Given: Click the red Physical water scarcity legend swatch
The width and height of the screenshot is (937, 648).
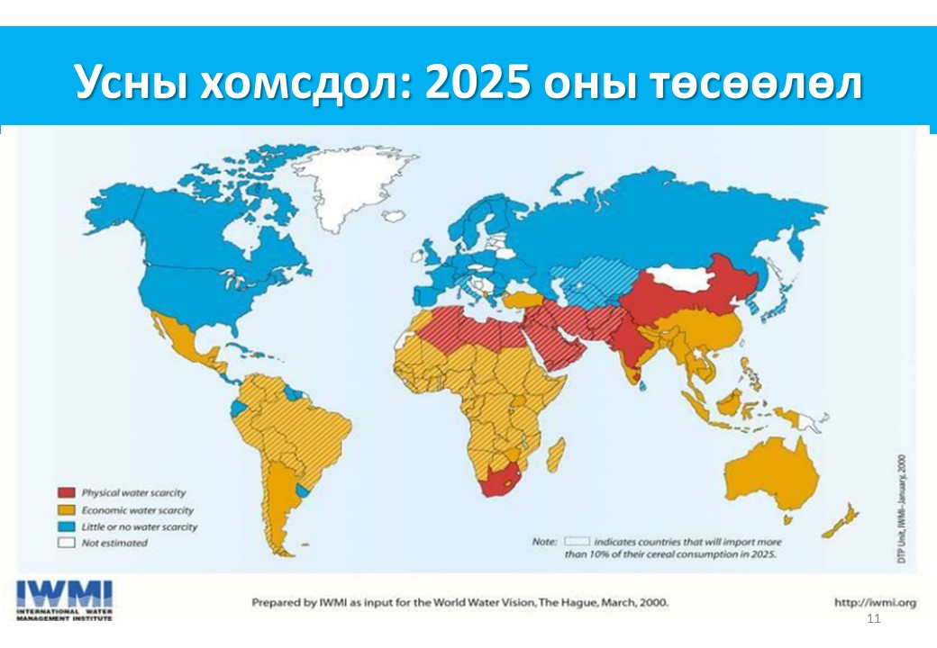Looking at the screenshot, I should click(x=66, y=493).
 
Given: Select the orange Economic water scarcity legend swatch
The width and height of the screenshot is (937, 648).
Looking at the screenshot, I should click(x=66, y=510).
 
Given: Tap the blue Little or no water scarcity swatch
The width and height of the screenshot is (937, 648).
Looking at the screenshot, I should click(x=66, y=526).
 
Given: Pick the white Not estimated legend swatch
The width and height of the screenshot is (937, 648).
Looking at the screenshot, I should click(x=66, y=543).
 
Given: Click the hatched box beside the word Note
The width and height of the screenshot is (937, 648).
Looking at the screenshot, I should click(x=577, y=542).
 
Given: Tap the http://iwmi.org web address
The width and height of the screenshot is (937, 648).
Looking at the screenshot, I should click(x=875, y=602).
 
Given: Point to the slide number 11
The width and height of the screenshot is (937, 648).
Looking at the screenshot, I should click(x=871, y=620).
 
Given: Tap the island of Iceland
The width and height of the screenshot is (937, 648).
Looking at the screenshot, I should click(x=395, y=216).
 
